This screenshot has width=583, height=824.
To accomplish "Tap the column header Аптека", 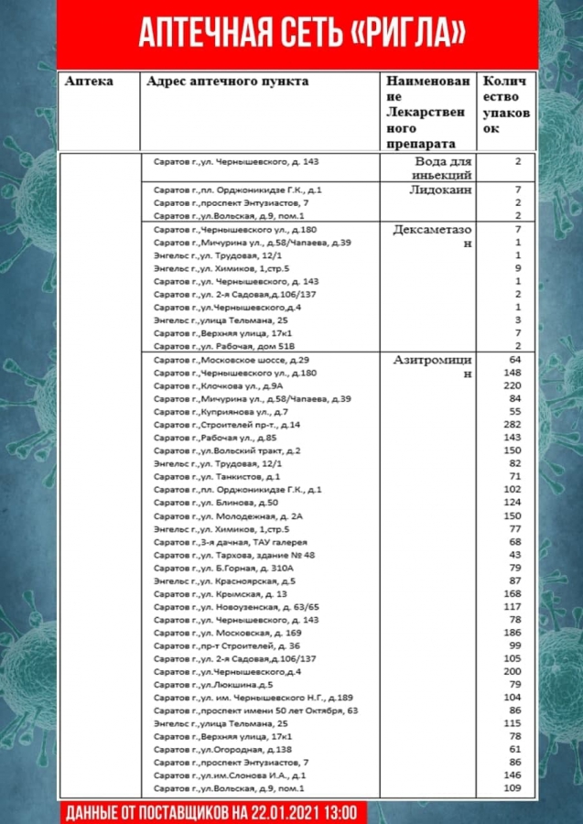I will (x=89, y=81).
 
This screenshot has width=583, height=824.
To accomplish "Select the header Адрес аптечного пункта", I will (x=227, y=81).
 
